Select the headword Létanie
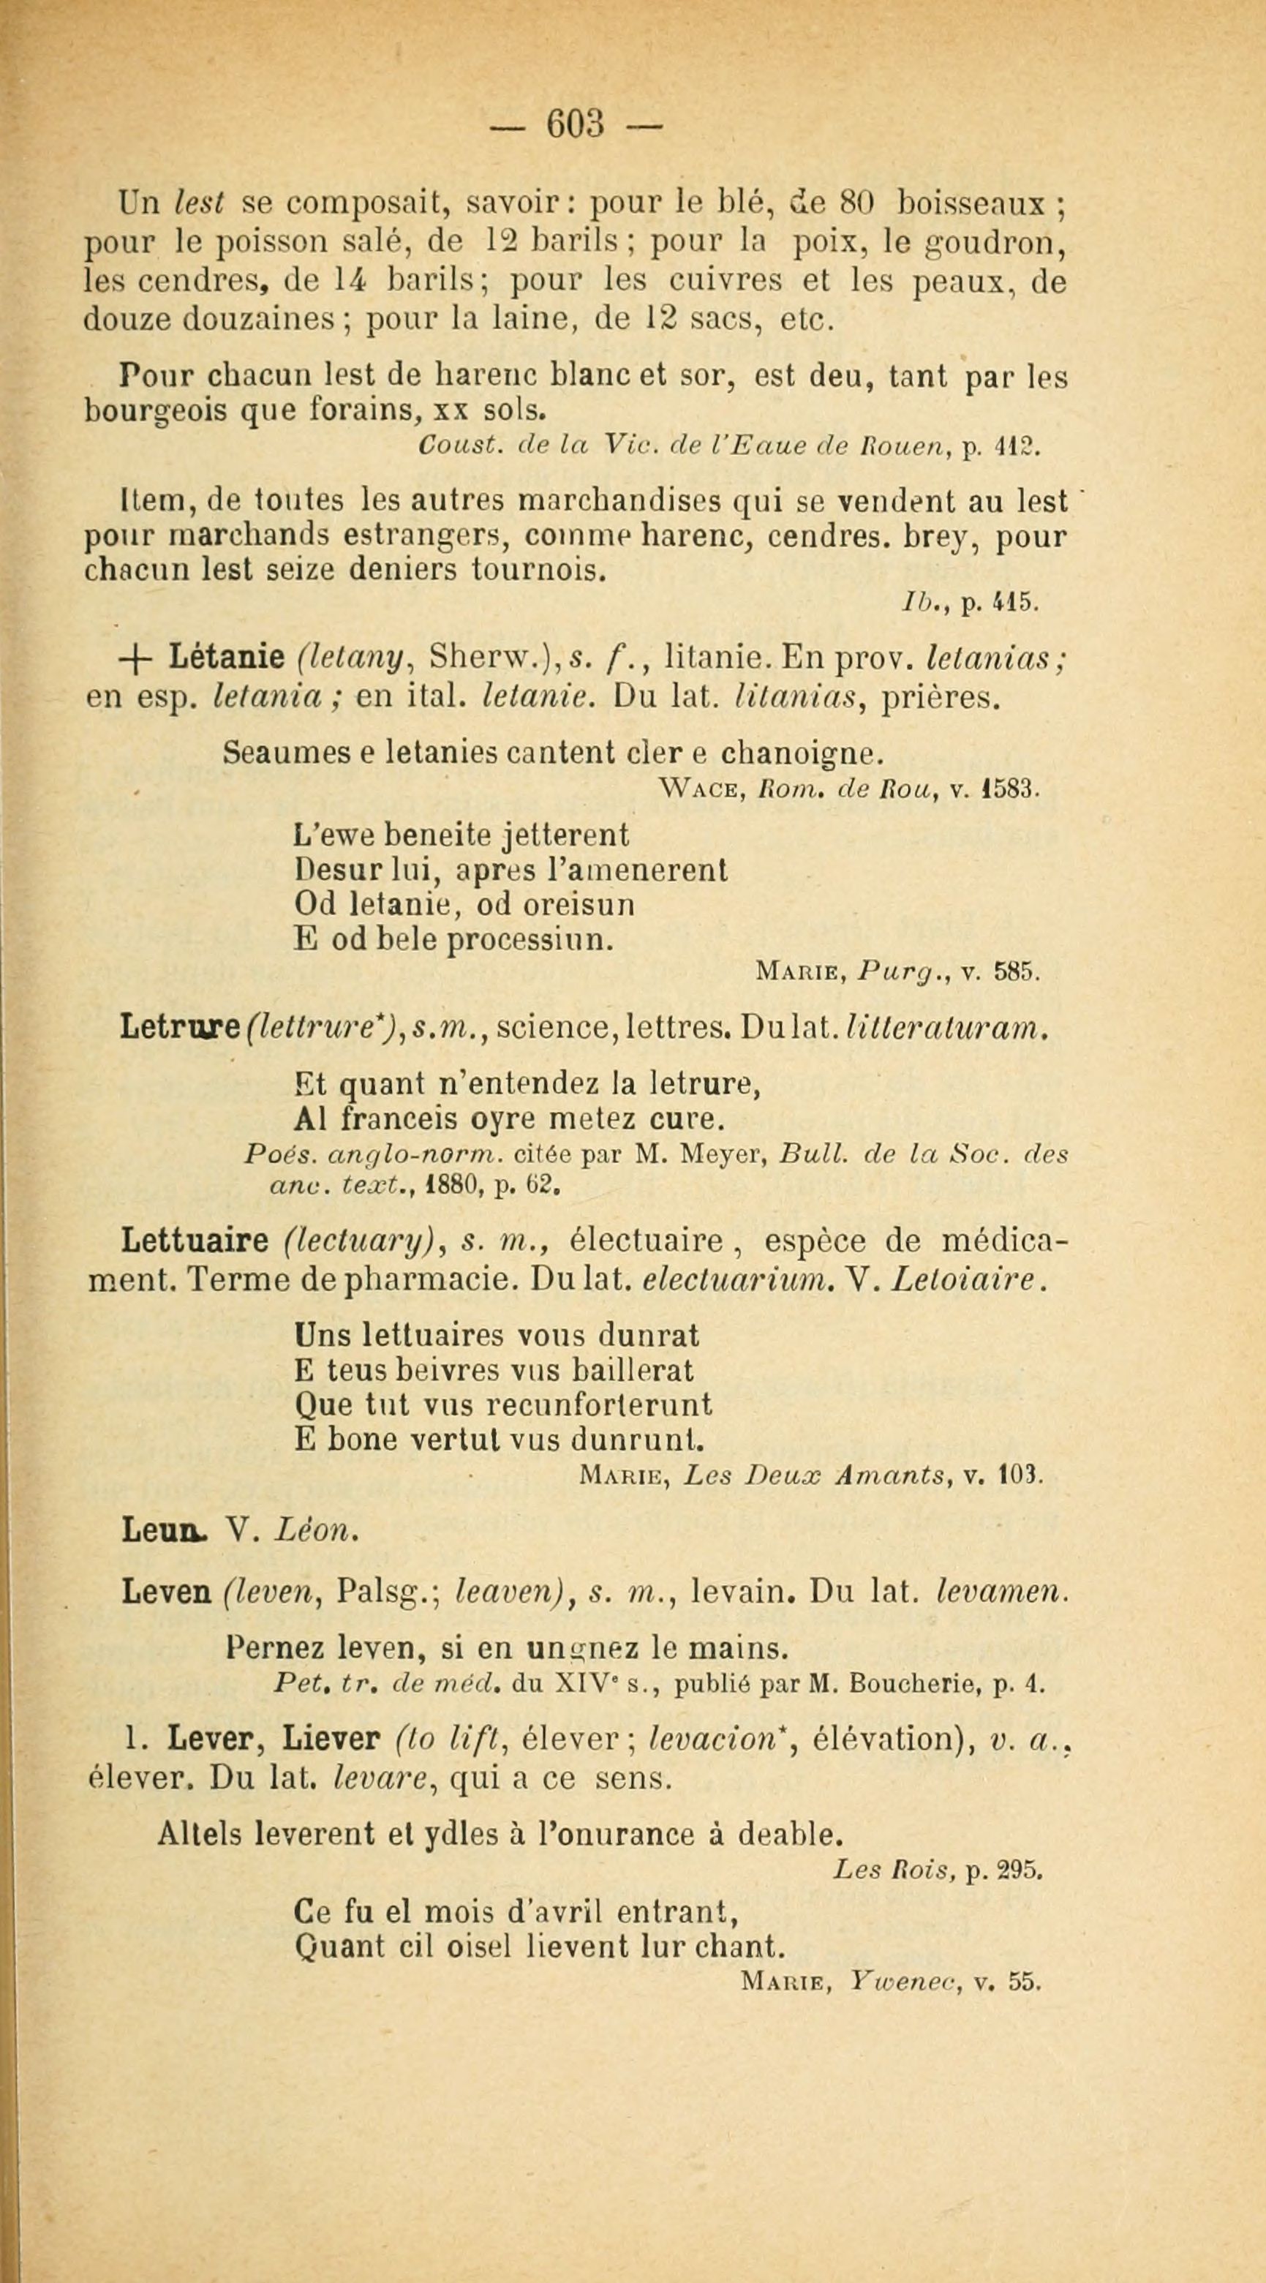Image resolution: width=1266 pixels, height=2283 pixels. pyautogui.click(x=225, y=657)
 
